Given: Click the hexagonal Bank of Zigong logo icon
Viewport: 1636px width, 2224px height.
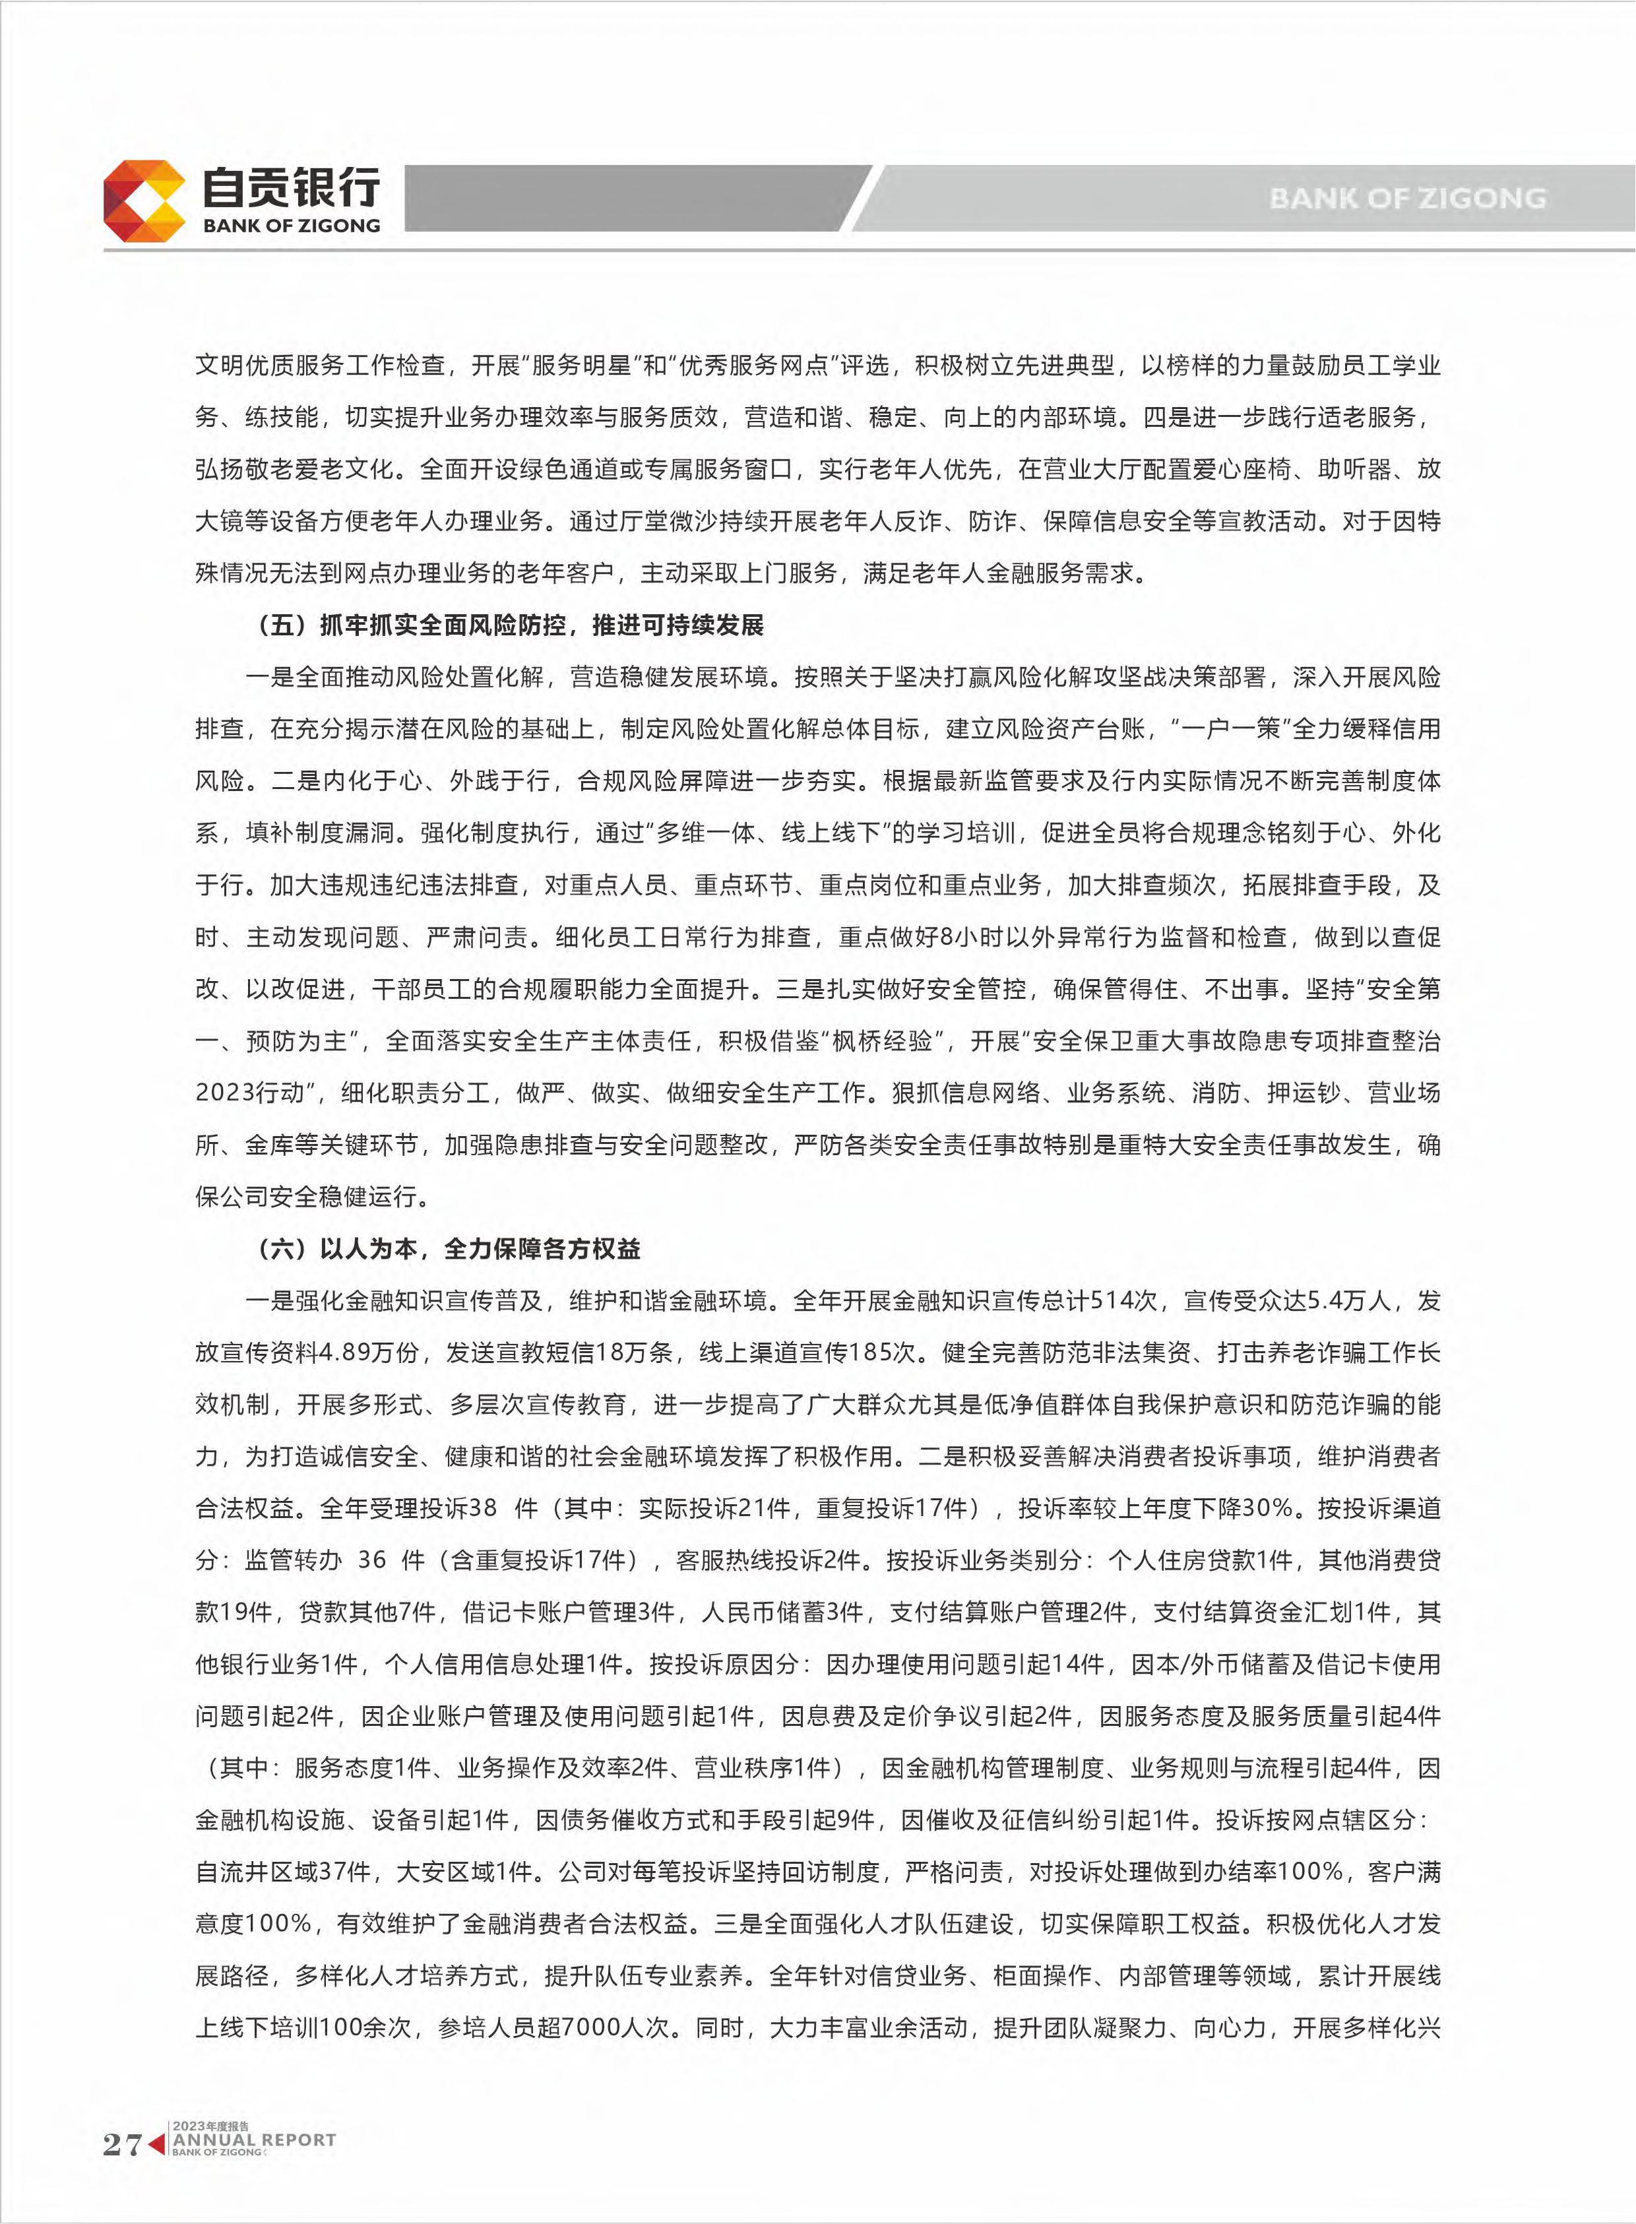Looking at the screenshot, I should (x=144, y=201).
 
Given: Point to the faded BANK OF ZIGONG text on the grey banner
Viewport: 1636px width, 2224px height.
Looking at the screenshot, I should (x=1407, y=198).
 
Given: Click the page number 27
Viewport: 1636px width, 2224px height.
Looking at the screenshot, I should (x=122, y=2144).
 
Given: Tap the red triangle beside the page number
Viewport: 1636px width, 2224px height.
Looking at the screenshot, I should (x=156, y=2144).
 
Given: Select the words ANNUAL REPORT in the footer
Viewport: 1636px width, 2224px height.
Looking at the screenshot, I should (x=255, y=2140).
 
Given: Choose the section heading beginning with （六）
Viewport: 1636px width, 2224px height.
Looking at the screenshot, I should (x=450, y=1249).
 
